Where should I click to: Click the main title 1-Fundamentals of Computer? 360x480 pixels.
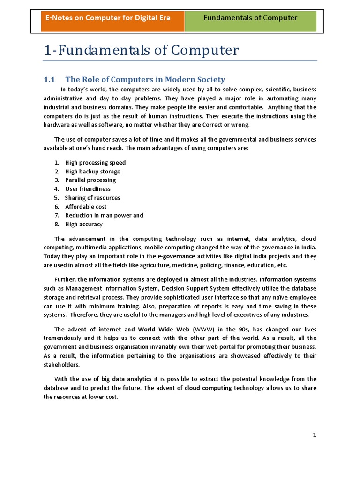click(x=141, y=50)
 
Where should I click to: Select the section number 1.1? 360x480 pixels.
click(x=50, y=79)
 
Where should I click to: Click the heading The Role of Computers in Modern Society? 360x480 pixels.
click(x=145, y=79)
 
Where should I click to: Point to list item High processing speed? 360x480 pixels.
click(x=95, y=163)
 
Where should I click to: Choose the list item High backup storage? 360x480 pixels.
click(x=92, y=172)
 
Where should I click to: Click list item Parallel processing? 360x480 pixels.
click(x=90, y=180)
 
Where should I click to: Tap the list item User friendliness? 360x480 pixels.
click(x=88, y=189)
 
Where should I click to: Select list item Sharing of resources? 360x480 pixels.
click(x=92, y=198)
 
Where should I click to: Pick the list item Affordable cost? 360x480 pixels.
click(x=86, y=207)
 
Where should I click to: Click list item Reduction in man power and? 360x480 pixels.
click(x=104, y=215)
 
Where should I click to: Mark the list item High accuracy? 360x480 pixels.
click(x=83, y=224)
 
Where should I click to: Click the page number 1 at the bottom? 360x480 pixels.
click(x=315, y=435)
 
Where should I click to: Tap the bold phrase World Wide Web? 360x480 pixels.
click(x=164, y=329)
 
